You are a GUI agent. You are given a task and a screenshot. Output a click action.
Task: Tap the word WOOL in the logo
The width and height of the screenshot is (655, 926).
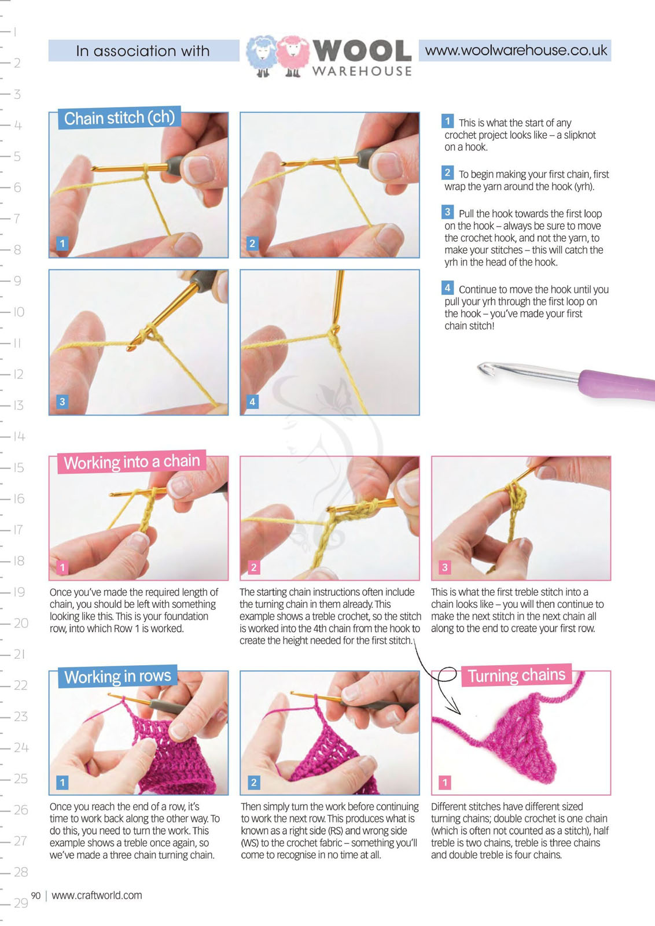(362, 51)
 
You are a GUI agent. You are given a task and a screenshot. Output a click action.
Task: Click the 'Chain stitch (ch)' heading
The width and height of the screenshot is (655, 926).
(120, 118)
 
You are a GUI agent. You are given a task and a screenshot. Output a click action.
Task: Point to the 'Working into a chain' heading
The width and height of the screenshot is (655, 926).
(131, 462)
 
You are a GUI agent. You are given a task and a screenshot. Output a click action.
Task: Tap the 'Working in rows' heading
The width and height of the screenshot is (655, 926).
(117, 676)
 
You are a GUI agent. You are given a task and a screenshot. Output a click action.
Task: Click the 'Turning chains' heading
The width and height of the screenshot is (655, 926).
(517, 675)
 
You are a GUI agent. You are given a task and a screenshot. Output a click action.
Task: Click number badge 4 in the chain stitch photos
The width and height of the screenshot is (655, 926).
(252, 401)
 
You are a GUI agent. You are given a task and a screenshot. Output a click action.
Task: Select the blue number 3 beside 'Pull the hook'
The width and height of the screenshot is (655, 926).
(447, 212)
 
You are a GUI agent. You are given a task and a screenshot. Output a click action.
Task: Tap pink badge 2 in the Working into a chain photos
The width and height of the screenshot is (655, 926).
(253, 567)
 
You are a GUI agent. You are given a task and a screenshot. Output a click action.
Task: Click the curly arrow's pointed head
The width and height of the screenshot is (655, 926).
(456, 706)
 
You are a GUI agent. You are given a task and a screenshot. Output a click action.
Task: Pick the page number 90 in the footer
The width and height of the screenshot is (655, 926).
(36, 895)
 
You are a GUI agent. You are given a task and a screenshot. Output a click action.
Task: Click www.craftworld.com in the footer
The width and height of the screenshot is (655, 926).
(97, 895)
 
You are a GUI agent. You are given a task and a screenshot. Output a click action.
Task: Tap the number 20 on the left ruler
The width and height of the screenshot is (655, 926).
(21, 623)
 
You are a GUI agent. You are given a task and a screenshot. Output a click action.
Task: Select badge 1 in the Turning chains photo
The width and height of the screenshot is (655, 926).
(444, 782)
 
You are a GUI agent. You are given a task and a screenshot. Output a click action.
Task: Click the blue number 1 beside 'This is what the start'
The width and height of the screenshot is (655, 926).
(447, 121)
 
